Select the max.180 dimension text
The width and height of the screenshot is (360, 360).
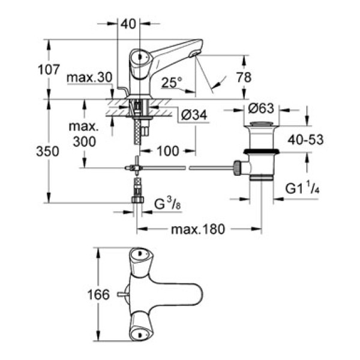click(197, 228)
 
